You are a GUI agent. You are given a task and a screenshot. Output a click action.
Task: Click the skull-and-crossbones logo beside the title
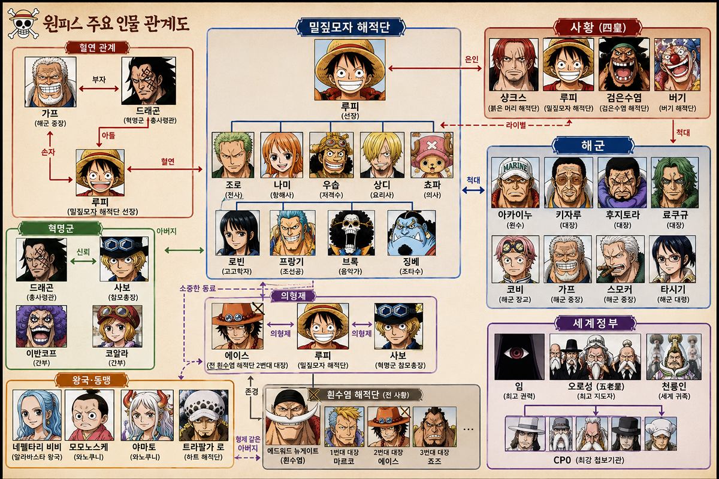coord(23,23)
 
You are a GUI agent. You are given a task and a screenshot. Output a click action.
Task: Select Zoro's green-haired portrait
coord(233,155)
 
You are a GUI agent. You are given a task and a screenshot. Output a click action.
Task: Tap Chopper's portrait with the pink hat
coord(432,155)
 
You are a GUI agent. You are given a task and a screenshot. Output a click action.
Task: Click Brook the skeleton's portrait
coord(351,233)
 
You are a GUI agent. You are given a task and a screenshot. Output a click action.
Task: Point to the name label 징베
coord(411,262)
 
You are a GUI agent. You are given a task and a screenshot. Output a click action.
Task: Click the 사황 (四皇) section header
coord(597,28)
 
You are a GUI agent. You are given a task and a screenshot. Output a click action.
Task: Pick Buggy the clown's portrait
coord(677,65)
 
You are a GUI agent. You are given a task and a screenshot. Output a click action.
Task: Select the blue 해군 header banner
coord(593,145)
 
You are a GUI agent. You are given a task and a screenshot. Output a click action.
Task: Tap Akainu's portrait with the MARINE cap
coord(515,183)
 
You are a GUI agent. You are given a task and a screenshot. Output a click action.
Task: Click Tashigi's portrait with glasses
coord(672,259)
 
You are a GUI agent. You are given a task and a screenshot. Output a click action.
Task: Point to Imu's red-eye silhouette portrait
coord(519,357)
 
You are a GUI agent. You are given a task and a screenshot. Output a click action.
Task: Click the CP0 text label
coord(562,460)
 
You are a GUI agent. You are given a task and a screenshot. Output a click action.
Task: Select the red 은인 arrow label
coord(471,59)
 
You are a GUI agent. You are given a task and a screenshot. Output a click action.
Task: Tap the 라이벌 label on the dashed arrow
coord(516,125)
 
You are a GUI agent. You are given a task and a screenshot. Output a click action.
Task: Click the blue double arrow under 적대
coord(473,190)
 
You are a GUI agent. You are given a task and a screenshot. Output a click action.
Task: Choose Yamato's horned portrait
coord(147,416)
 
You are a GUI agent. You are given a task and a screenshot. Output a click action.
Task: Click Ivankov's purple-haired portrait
coord(41,326)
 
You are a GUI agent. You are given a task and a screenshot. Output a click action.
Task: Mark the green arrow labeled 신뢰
coord(83,261)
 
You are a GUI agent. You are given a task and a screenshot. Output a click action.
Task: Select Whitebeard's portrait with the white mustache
coord(293,417)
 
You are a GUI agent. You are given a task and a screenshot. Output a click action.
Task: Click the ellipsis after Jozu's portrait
coord(469,429)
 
